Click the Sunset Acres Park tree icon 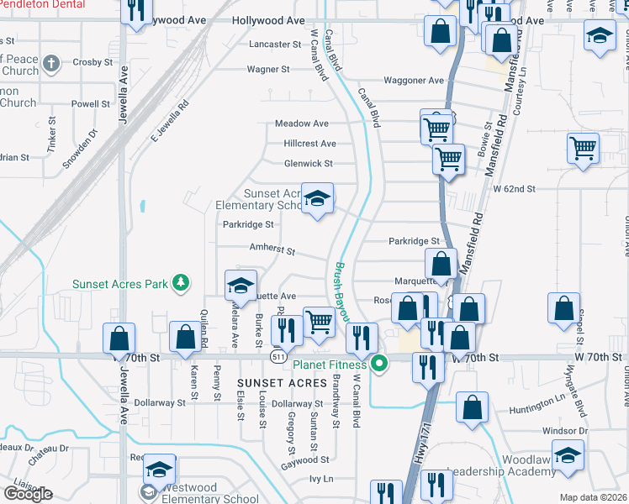179,283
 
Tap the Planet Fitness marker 380,365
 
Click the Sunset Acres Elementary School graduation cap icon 317,199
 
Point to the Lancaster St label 275,44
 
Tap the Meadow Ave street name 302,123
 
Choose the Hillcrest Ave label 309,144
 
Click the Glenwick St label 309,164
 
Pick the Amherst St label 272,249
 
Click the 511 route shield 277,357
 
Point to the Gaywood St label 304,460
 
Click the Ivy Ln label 321,479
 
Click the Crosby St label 92,62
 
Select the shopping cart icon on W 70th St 319,322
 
